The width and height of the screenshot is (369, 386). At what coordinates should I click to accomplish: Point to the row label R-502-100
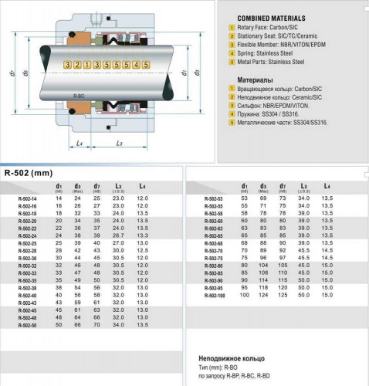215,295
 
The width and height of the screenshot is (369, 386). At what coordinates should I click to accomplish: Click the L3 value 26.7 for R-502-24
117,235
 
